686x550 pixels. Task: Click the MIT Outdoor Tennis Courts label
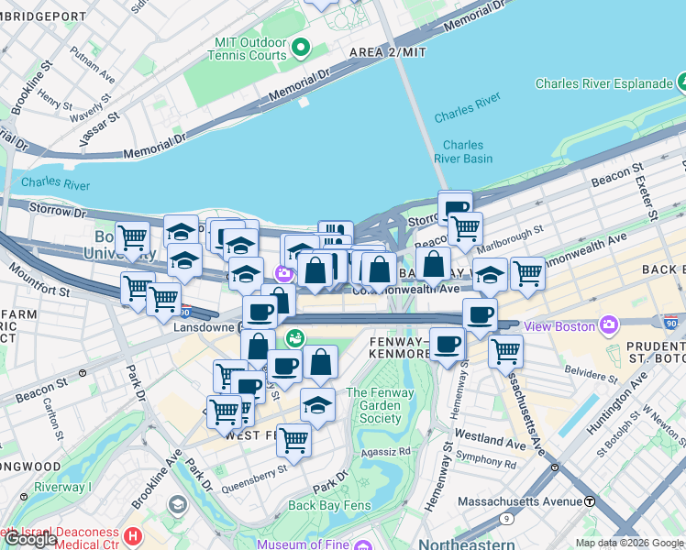(249, 49)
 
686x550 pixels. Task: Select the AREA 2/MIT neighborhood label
(388, 53)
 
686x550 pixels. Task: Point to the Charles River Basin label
(463, 151)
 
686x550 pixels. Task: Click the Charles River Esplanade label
(604, 83)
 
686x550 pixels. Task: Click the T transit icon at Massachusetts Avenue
(592, 501)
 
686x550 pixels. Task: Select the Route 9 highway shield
(507, 518)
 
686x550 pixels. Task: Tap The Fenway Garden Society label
(374, 406)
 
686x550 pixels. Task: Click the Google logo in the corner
(30, 539)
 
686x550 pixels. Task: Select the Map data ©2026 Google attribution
(628, 543)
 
